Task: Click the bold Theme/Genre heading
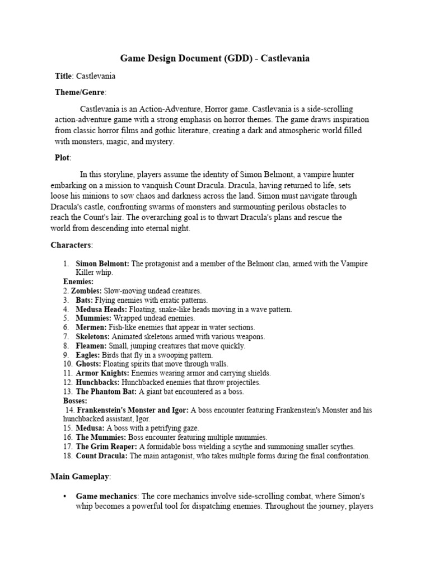tap(80, 92)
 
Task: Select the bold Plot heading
tap(62, 158)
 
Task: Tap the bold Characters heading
tap(72, 245)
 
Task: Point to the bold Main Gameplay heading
tap(80, 476)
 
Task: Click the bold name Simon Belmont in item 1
tap(102, 264)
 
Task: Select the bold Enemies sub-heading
tap(78, 281)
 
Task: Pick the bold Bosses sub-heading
tap(76, 401)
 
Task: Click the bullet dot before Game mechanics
tap(66, 496)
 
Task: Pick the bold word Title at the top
tap(64, 76)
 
